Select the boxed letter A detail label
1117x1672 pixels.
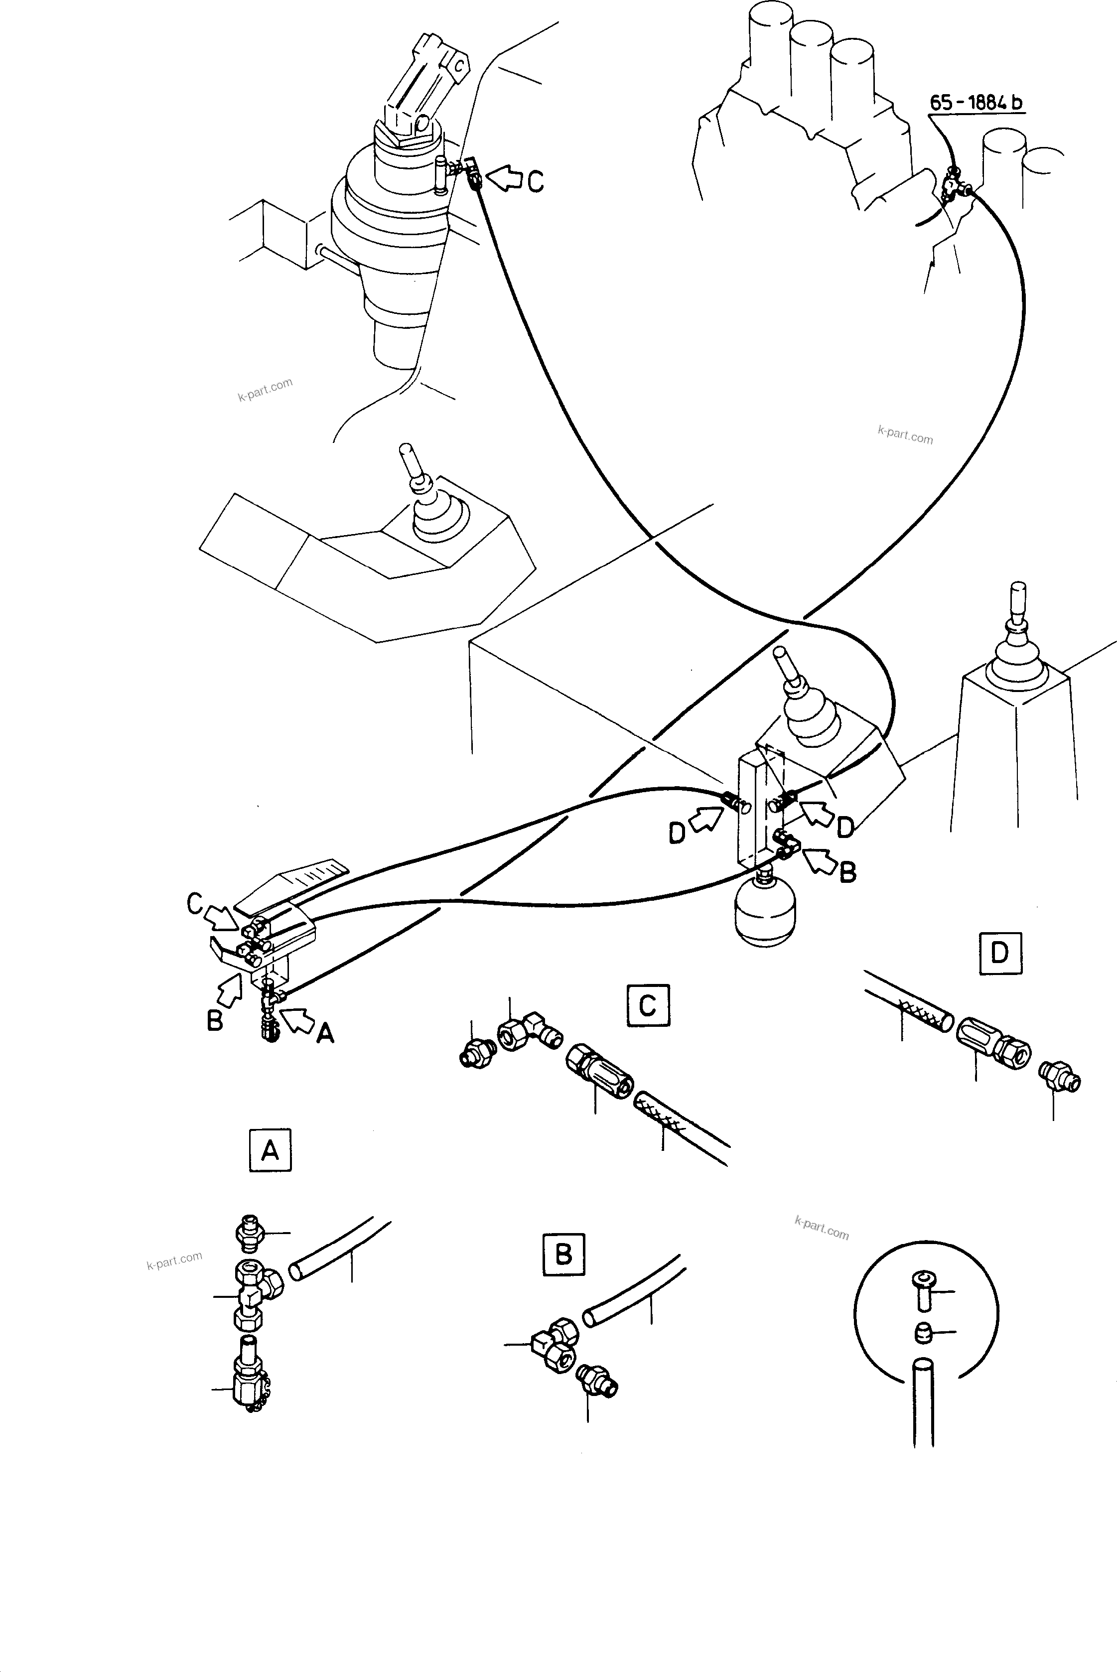(x=270, y=1150)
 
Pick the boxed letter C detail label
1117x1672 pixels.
(x=648, y=1005)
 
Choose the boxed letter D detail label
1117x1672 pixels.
(x=1000, y=953)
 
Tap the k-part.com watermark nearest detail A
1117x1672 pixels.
(x=174, y=1261)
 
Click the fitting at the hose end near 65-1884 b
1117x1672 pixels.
(x=951, y=184)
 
